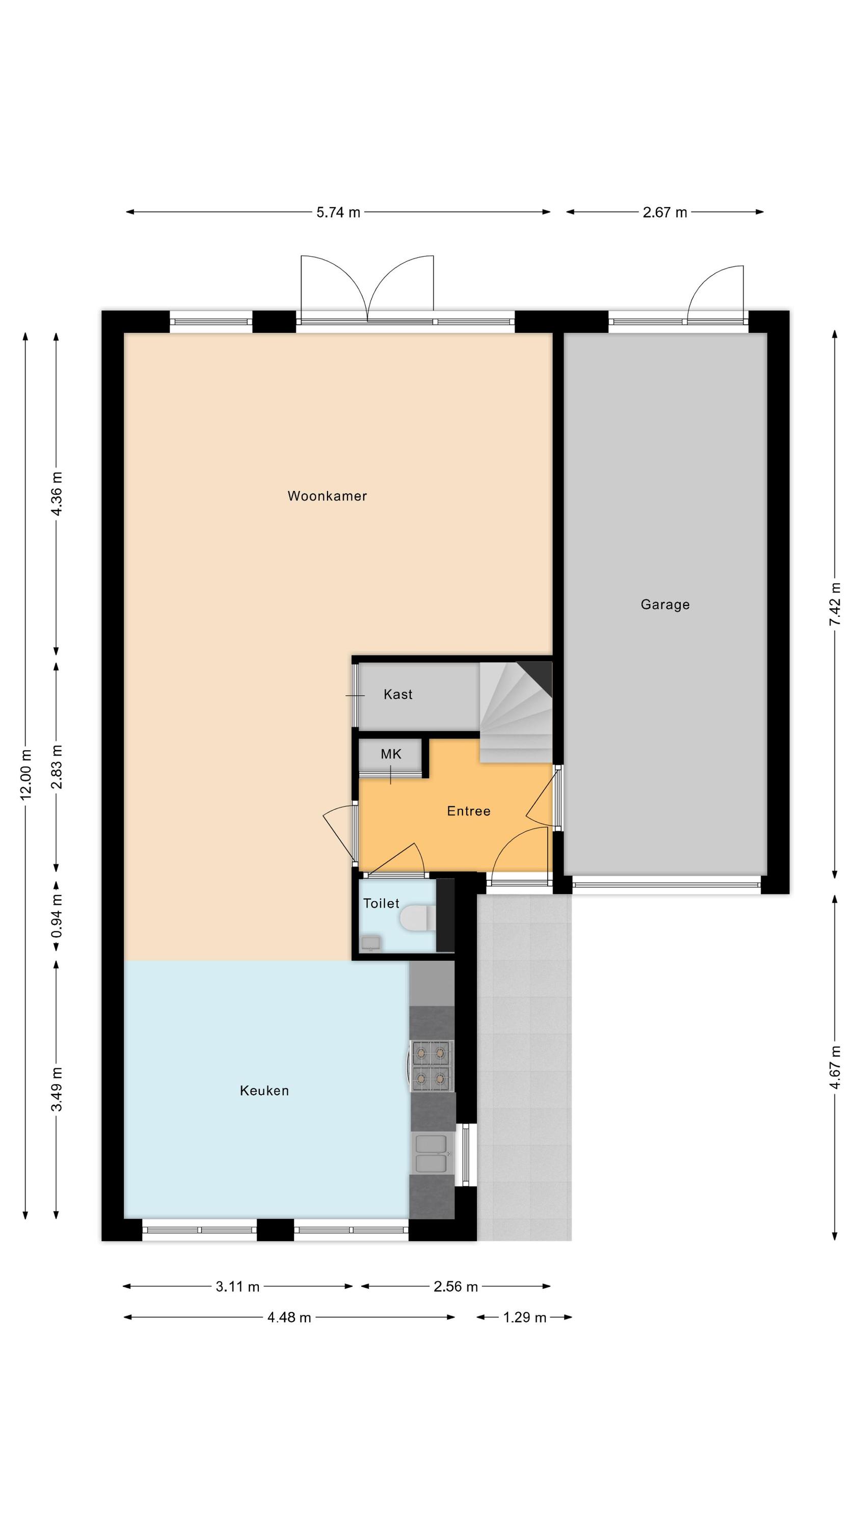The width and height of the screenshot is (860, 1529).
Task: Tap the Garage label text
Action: click(665, 604)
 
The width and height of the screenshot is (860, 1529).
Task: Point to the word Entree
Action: click(468, 811)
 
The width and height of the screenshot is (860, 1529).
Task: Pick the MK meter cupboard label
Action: click(391, 754)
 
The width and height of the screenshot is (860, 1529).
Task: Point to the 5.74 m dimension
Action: click(338, 212)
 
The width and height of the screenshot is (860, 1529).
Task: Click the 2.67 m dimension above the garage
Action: click(665, 212)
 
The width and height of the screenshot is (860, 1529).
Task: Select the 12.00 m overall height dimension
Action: click(25, 775)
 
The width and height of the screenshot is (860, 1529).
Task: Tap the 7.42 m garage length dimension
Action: click(835, 603)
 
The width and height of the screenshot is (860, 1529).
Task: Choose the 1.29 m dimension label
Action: click(525, 1317)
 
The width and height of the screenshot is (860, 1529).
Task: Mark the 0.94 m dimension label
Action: click(57, 917)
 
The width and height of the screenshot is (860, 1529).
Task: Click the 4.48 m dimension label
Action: click(289, 1317)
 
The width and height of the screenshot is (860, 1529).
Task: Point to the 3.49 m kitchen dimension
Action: click(57, 1089)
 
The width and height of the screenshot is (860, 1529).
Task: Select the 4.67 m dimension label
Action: click(835, 1067)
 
